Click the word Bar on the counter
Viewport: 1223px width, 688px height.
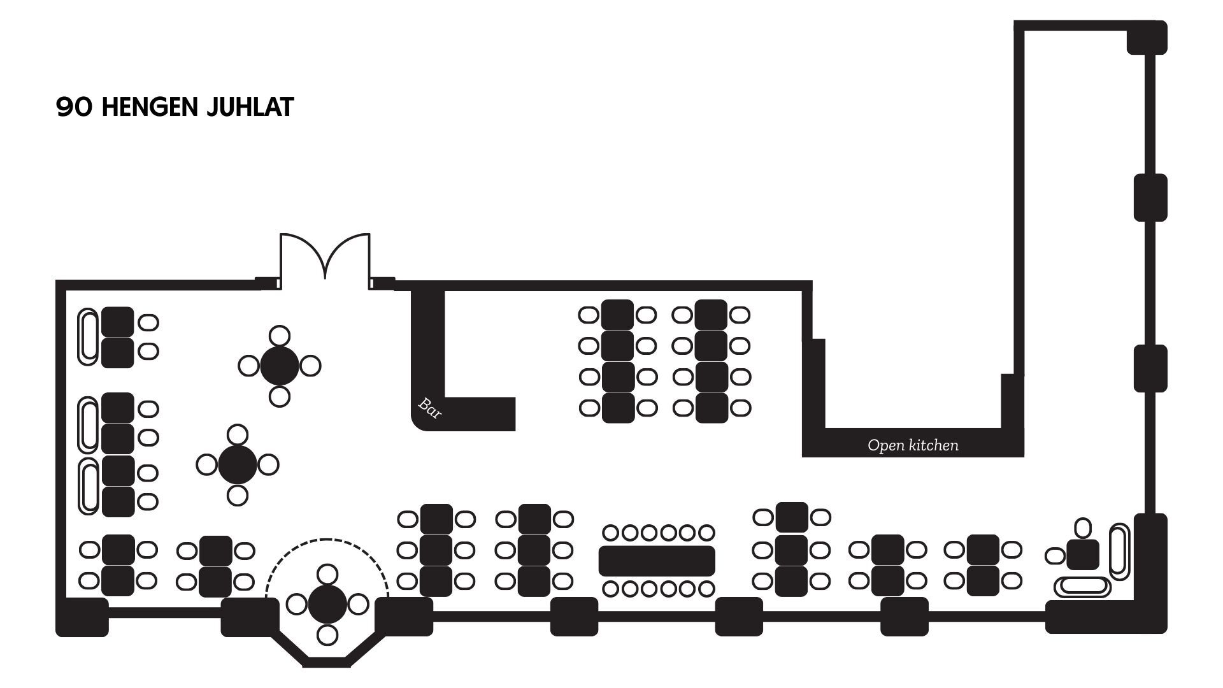click(x=429, y=408)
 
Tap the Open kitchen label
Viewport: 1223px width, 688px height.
click(x=913, y=445)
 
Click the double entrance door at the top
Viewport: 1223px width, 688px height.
click(x=325, y=258)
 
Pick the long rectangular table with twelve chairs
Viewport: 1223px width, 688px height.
click(x=657, y=561)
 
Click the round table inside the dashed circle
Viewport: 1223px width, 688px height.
click(x=327, y=604)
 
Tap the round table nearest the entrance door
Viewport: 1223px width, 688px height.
click(x=279, y=366)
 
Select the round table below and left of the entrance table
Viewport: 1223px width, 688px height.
click(x=237, y=464)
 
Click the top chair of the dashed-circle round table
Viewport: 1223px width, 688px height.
click(x=327, y=574)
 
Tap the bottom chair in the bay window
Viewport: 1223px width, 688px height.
click(x=327, y=634)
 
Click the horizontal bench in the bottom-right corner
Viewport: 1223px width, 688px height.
click(x=1082, y=586)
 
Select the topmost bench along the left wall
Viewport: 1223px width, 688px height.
click(x=89, y=336)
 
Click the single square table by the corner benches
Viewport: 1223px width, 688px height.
click(x=1083, y=555)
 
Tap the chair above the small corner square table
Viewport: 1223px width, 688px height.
click(x=1083, y=527)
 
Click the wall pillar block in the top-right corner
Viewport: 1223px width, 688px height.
click(x=1147, y=38)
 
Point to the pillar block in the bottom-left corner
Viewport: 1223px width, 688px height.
click(x=82, y=617)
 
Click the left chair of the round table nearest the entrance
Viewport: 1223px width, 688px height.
click(x=249, y=366)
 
